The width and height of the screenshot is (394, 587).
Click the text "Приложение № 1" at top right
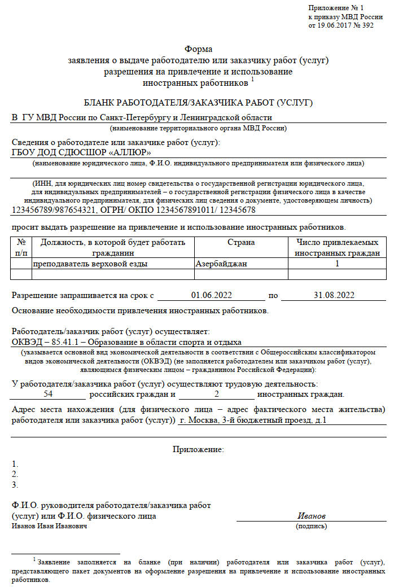point(336,7)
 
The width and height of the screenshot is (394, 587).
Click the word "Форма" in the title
point(198,49)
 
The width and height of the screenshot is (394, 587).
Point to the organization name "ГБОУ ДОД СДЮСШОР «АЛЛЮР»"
point(81,152)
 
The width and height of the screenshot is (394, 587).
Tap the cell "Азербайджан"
point(221,264)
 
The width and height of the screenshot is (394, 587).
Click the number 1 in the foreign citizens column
point(337,264)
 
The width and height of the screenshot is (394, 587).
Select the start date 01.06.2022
point(212,295)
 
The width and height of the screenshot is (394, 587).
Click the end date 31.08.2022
point(334,295)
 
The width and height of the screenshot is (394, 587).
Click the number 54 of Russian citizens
point(48,394)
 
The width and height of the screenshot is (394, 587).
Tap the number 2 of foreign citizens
point(216,394)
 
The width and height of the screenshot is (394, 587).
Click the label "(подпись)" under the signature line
point(311,526)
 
